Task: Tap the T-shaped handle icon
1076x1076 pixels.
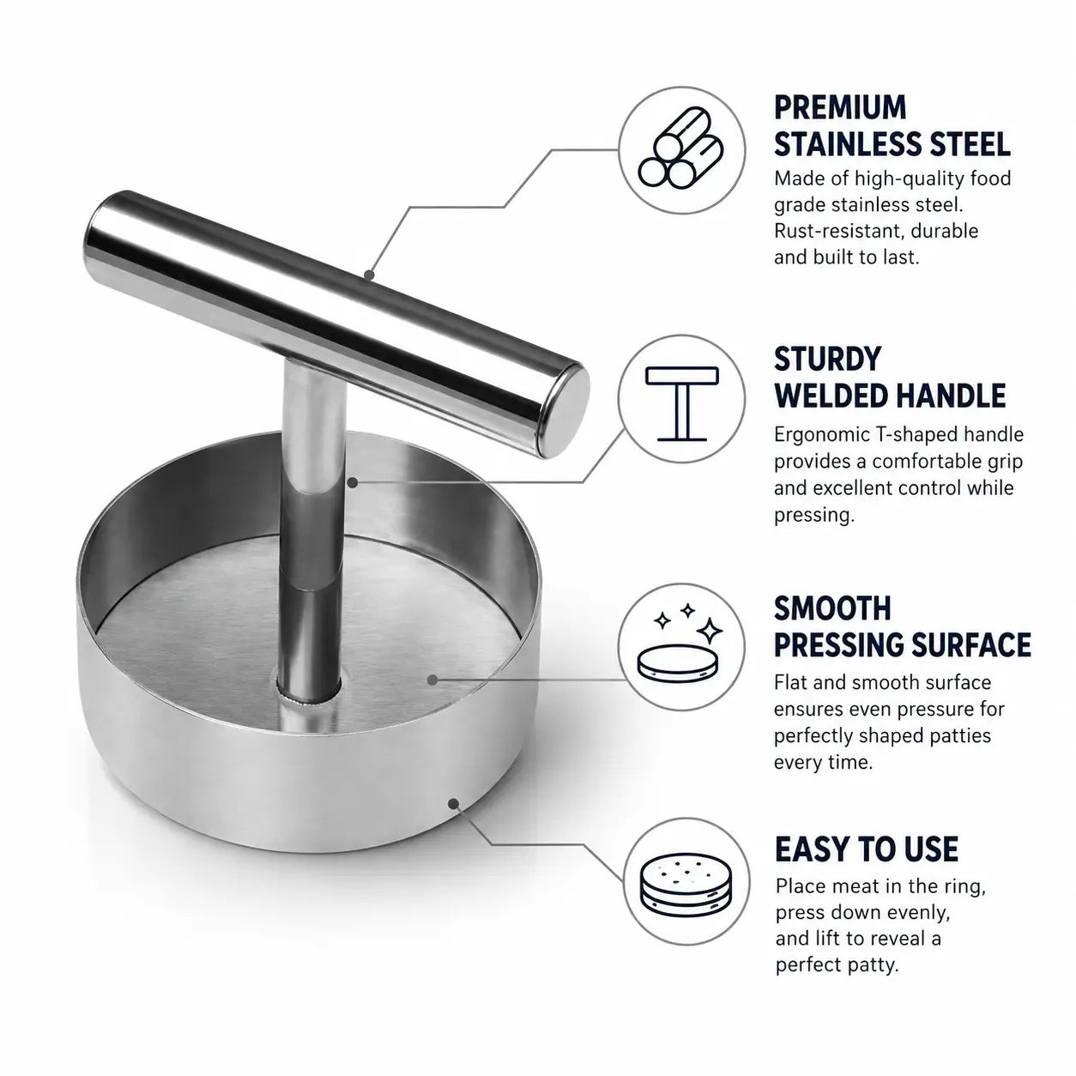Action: point(681,403)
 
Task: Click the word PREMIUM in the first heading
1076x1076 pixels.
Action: point(840,107)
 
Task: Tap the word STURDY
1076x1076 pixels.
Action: point(827,359)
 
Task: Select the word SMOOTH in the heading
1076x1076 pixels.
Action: point(832,608)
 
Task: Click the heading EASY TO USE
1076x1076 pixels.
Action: point(867,849)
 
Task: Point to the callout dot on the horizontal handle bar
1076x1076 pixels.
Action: point(368,275)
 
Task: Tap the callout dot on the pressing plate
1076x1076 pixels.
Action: point(432,679)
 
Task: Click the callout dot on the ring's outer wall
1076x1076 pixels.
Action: point(454,803)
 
